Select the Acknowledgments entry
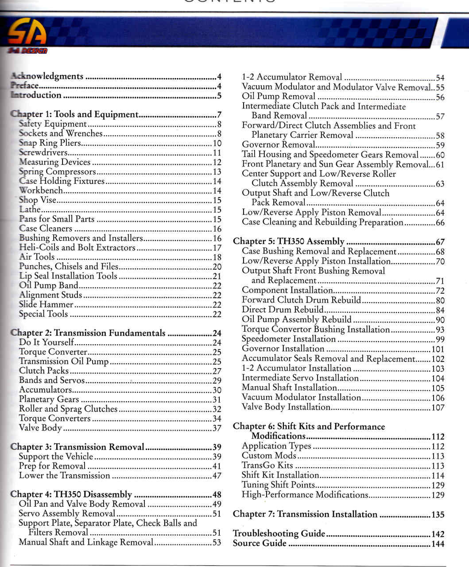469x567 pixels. click(x=47, y=76)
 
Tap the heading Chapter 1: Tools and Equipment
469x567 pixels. click(x=74, y=114)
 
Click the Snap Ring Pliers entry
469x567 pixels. click(x=50, y=143)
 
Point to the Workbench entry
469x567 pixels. click(x=41, y=190)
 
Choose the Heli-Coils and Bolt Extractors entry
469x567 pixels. click(x=77, y=248)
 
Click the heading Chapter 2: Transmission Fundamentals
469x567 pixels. click(x=88, y=333)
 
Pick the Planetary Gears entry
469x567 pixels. click(x=49, y=399)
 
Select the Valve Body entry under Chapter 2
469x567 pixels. click(x=40, y=428)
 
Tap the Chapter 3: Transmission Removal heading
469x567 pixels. click(x=78, y=447)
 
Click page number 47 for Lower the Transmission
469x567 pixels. click(x=217, y=476)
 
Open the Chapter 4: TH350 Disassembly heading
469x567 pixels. click(x=71, y=494)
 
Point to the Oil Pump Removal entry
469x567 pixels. click(x=279, y=97)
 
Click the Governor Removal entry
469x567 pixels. click(x=278, y=145)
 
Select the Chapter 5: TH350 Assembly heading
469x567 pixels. click(x=289, y=241)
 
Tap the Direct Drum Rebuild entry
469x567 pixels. click(x=283, y=310)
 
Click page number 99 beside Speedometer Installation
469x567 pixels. click(x=439, y=340)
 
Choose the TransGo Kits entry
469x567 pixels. click(x=267, y=465)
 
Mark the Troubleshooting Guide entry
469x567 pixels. click(x=279, y=533)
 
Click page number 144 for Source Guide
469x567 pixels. click(x=438, y=544)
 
